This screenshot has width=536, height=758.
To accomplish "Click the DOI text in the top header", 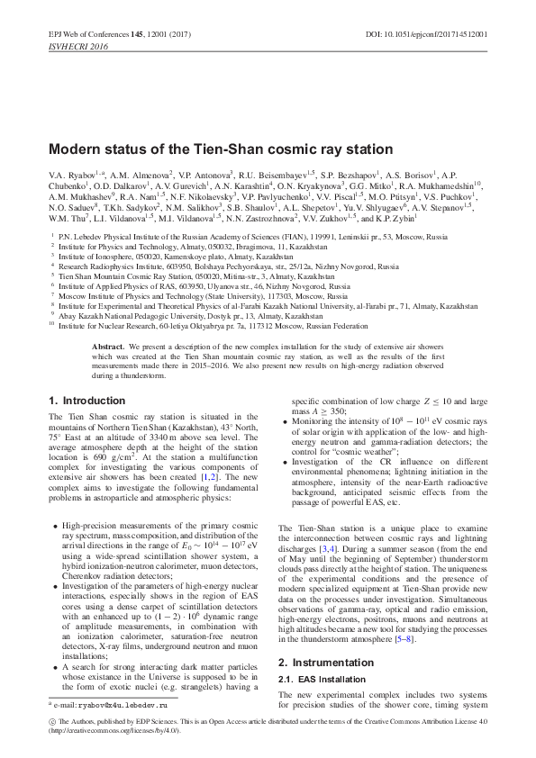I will (440, 34).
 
